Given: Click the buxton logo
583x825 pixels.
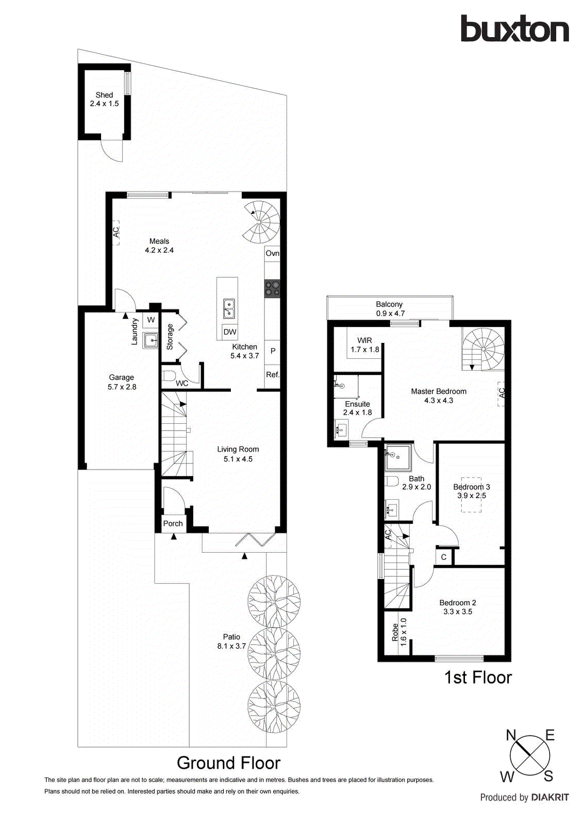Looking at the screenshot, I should coord(514,29).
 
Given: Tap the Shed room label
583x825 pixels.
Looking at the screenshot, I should coord(104,99).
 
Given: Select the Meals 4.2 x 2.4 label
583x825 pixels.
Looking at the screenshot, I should coord(159,245).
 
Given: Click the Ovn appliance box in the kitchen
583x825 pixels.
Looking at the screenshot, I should coord(272,253).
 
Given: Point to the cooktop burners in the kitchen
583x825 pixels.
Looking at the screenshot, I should coord(272,289).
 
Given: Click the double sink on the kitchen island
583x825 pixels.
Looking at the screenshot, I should coord(228,309).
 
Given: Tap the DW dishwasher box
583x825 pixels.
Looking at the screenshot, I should coord(230,332).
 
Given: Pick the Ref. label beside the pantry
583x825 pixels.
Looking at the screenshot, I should coord(272,375).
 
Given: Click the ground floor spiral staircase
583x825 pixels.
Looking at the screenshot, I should coord(262,222).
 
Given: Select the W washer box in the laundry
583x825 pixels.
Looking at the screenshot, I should coord(151,320).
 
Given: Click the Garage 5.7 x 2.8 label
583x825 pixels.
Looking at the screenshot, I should coord(122,382).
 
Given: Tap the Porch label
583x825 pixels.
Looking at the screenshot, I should coord(173,523).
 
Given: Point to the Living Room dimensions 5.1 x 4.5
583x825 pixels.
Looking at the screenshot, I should coord(238,459).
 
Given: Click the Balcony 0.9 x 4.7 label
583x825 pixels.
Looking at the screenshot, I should coord(390,309).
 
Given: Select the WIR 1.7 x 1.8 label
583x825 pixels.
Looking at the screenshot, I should coord(364,345).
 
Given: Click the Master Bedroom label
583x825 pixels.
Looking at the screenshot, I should coord(439,391).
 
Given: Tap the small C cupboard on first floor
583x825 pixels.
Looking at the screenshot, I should coord(443,557).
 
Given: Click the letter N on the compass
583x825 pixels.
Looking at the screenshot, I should coord(511,735).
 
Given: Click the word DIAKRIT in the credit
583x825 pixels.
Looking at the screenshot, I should coord(550,798).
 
